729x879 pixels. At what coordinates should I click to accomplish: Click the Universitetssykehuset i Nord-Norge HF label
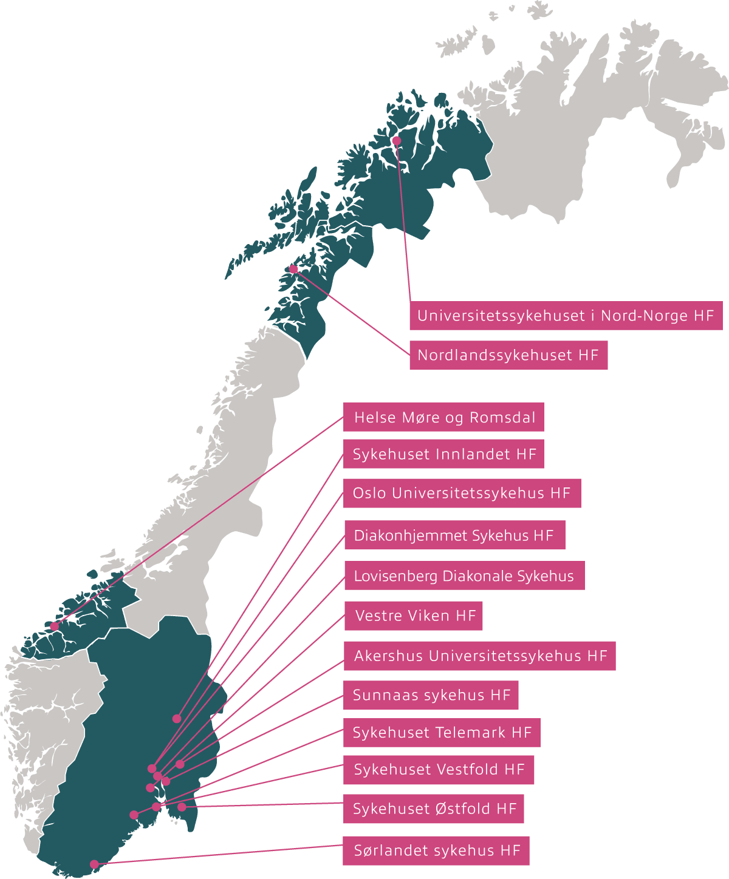pyautogui.click(x=566, y=316)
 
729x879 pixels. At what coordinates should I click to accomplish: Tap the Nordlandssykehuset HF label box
pyautogui.click(x=508, y=355)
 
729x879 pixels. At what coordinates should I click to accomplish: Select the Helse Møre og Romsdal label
pyautogui.click(x=444, y=418)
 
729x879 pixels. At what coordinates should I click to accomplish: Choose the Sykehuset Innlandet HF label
pyautogui.click(x=444, y=454)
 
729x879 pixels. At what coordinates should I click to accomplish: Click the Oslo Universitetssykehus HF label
pyautogui.click(x=462, y=493)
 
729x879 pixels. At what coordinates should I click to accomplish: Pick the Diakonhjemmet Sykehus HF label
pyautogui.click(x=454, y=535)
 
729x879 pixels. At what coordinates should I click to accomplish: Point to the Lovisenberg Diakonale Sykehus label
pyautogui.click(x=464, y=575)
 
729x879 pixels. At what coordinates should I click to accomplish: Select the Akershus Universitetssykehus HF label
pyautogui.click(x=480, y=656)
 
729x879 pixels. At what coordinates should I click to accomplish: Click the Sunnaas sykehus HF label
pyautogui.click(x=431, y=695)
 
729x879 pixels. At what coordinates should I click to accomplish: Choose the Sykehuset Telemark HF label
pyautogui.click(x=442, y=733)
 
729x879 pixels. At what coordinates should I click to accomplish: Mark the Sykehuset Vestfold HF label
pyautogui.click(x=439, y=770)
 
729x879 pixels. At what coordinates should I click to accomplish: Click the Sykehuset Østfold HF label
pyautogui.click(x=434, y=809)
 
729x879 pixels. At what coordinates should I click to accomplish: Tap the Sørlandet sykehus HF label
pyautogui.click(x=436, y=850)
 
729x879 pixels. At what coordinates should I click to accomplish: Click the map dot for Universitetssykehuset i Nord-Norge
pyautogui.click(x=396, y=141)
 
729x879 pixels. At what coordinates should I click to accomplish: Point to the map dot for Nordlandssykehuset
pyautogui.click(x=293, y=269)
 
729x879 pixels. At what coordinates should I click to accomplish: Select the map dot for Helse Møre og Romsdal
pyautogui.click(x=55, y=626)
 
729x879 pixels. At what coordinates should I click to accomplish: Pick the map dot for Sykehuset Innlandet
pyautogui.click(x=177, y=719)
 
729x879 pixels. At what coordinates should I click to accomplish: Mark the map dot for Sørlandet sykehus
pyautogui.click(x=94, y=864)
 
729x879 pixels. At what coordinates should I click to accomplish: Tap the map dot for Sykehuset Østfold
pyautogui.click(x=182, y=807)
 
